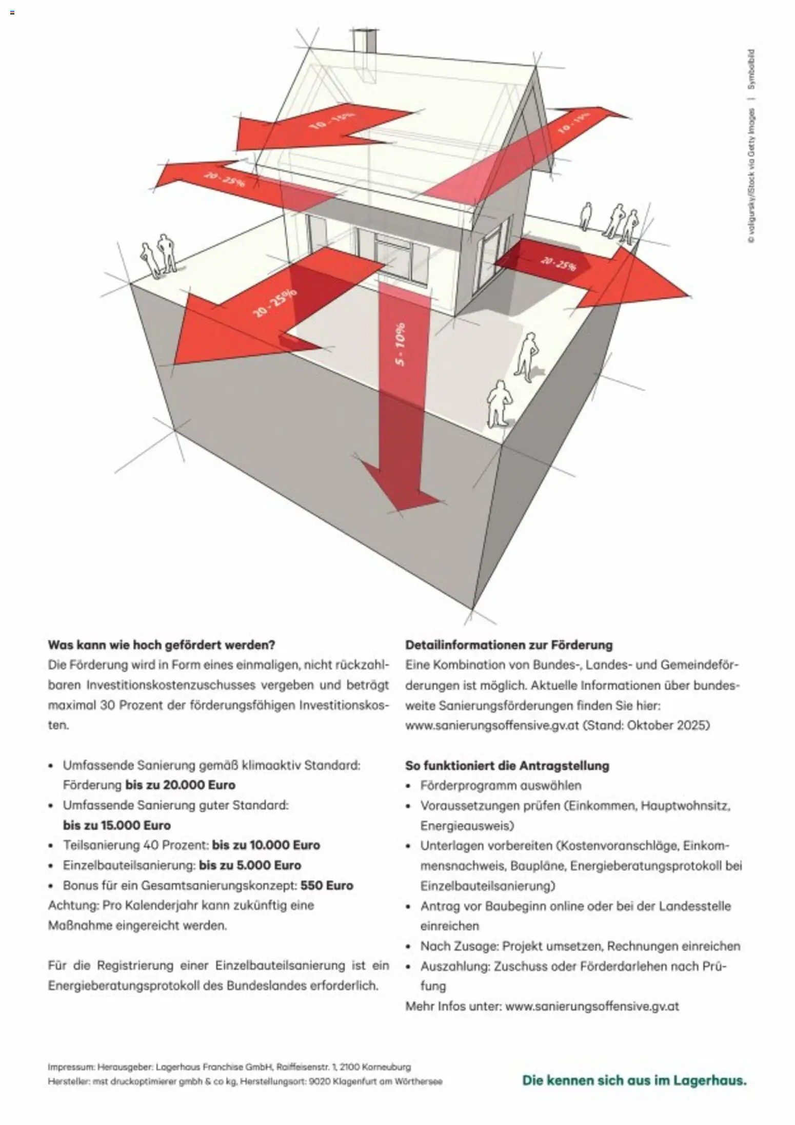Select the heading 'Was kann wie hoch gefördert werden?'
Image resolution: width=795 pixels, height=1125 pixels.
[x=162, y=645]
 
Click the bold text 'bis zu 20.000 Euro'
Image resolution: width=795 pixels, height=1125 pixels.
[x=180, y=785]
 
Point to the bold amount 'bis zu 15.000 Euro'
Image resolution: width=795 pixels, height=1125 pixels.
[x=117, y=825]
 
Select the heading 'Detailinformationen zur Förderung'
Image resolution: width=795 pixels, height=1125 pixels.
[x=509, y=645]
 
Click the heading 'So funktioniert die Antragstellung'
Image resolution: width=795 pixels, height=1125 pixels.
[x=507, y=766]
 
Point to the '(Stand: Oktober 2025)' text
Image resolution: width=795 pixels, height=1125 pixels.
[x=647, y=725]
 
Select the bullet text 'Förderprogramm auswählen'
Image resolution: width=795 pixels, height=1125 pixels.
[x=501, y=785]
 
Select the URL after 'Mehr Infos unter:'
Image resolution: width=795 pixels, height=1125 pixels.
[x=592, y=1006]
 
